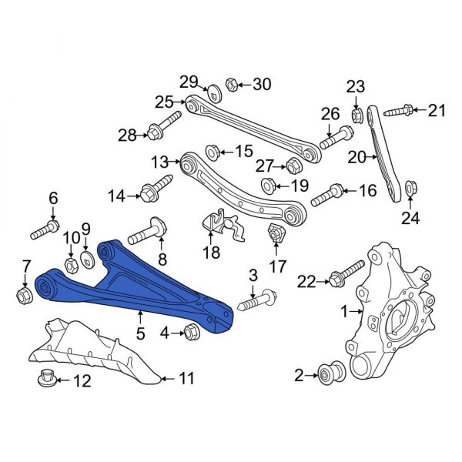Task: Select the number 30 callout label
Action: coord(263,84)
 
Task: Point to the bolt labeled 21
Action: coord(394,112)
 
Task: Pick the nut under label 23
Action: coord(357,116)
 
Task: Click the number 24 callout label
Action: coord(411,218)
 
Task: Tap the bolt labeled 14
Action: coord(156,186)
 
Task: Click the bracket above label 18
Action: coord(219,224)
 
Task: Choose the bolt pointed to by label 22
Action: coord(347,273)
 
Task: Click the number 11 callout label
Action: coord(187,379)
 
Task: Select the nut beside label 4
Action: coord(192,332)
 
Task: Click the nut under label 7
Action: coord(22,294)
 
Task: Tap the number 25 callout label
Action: coord(163,101)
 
